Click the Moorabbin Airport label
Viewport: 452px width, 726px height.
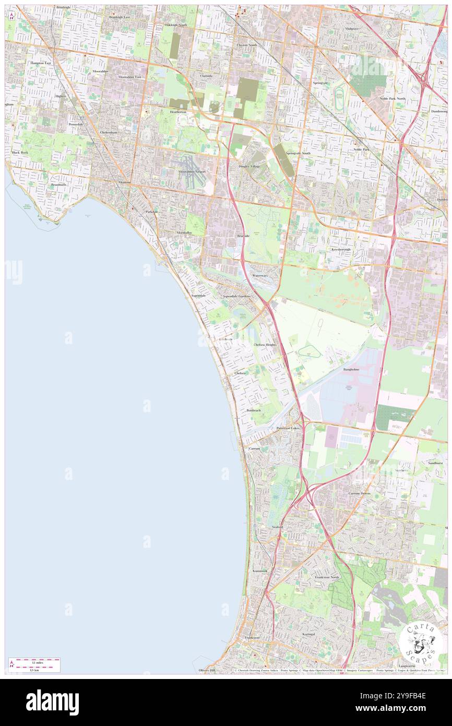[192, 171]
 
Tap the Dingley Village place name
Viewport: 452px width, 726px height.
[248, 166]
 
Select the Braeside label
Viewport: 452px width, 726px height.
[243, 236]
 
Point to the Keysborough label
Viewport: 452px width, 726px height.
[341, 250]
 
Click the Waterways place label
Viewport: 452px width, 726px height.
[259, 275]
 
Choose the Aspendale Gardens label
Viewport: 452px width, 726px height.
[237, 296]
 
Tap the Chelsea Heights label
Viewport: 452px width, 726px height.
[265, 345]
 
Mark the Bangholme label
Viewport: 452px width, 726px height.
[351, 369]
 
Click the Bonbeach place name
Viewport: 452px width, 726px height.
[254, 411]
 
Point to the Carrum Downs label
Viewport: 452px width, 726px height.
[359, 493]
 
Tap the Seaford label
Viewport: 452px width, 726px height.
[277, 528]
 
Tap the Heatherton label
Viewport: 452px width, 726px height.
[177, 111]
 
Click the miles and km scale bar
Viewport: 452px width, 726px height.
[34, 665]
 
